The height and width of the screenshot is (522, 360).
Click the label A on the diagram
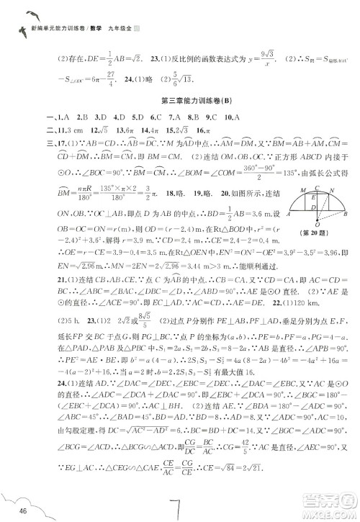point(289,214)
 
